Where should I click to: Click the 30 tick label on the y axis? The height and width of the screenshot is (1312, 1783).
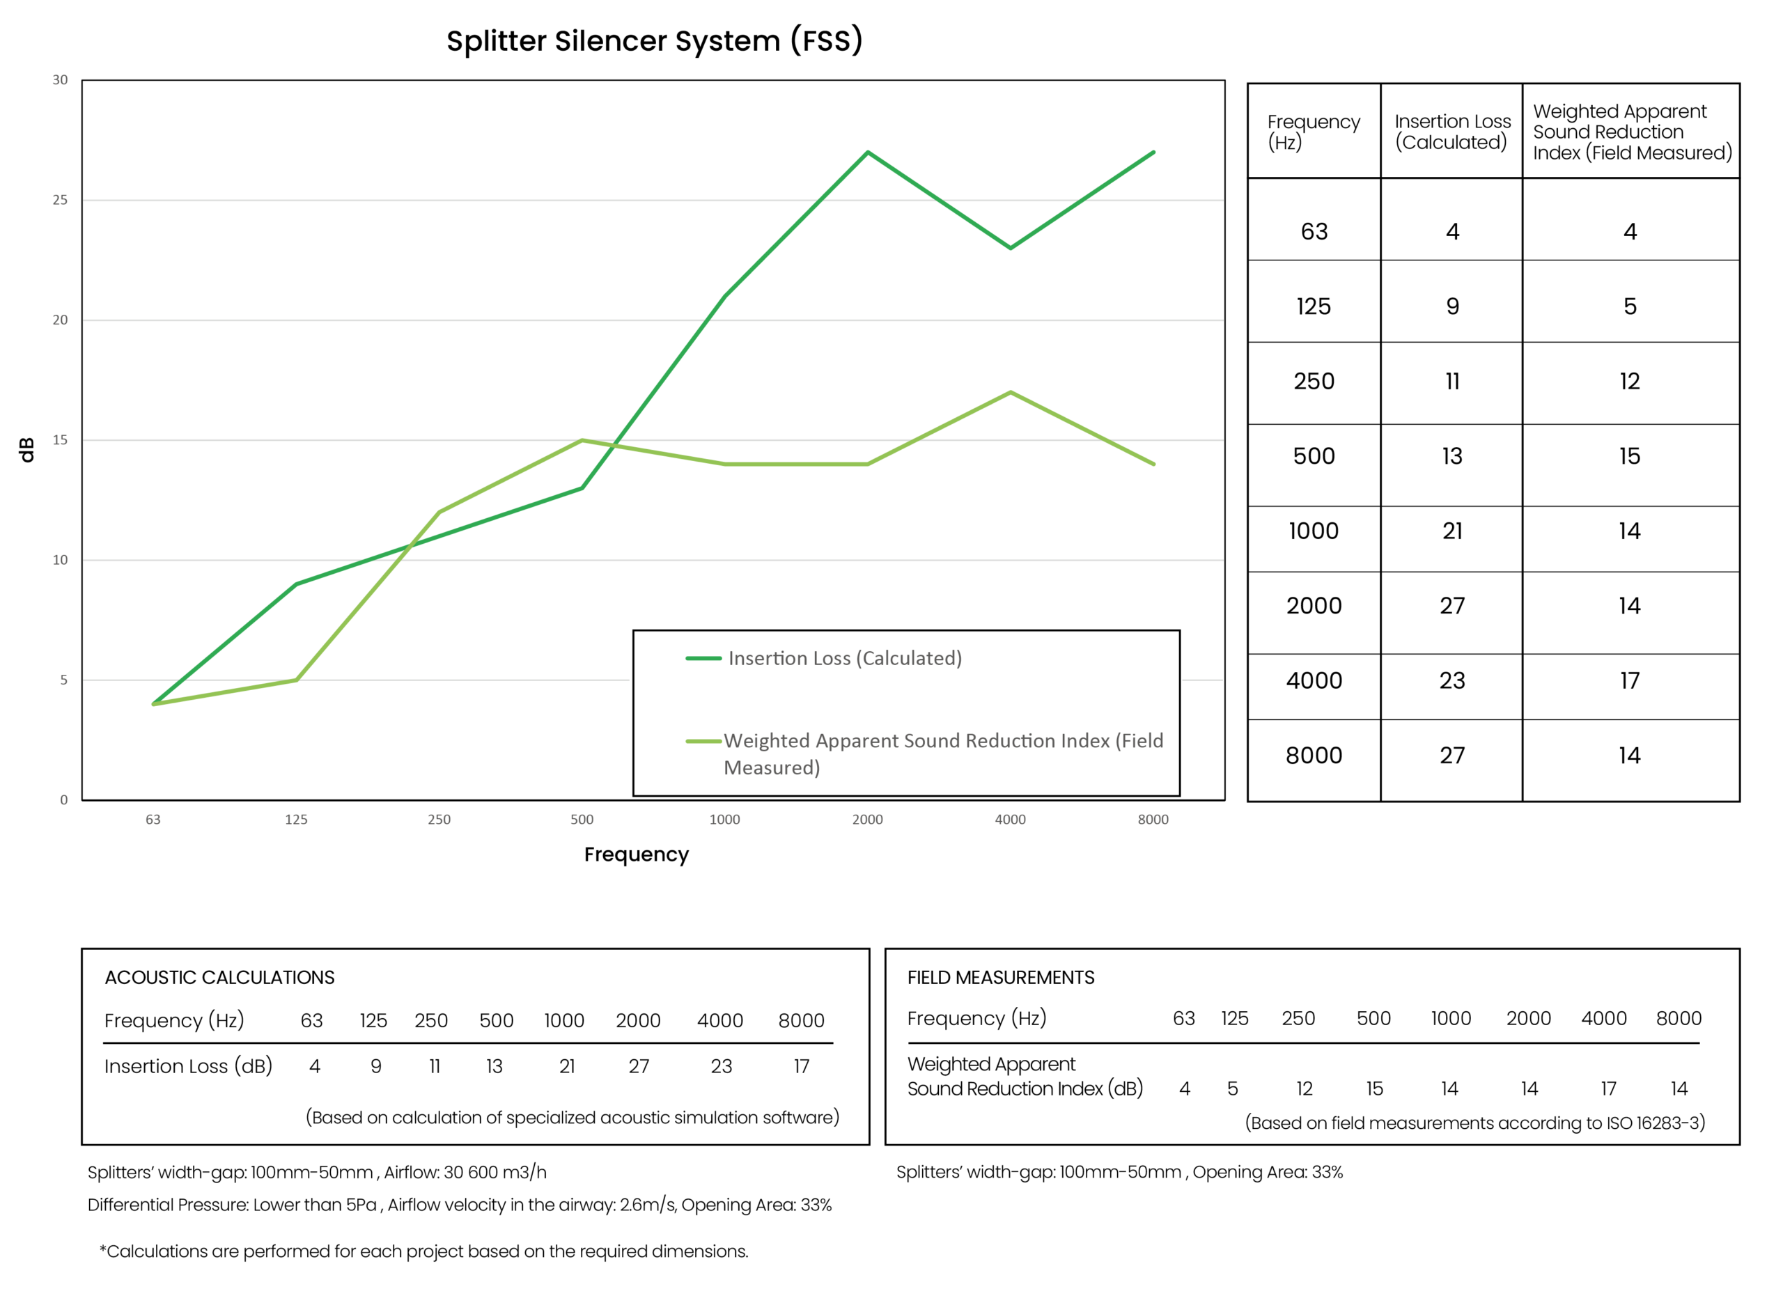pyautogui.click(x=61, y=80)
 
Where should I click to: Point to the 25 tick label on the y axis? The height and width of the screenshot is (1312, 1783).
pyautogui.click(x=61, y=200)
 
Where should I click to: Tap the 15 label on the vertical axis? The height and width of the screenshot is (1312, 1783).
pyautogui.click(x=61, y=440)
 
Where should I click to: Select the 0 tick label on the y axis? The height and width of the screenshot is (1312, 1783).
pyautogui.click(x=63, y=799)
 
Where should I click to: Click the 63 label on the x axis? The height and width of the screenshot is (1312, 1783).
pyautogui.click(x=153, y=820)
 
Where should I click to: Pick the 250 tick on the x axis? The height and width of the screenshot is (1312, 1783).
pyautogui.click(x=439, y=820)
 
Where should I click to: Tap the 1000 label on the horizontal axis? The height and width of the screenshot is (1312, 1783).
pyautogui.click(x=724, y=820)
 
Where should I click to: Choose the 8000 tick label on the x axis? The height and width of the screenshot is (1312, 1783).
pyautogui.click(x=1153, y=820)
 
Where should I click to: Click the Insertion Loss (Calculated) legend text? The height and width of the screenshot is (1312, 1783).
pyautogui.click(x=845, y=658)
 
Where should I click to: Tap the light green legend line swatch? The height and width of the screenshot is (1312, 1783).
pyautogui.click(x=703, y=742)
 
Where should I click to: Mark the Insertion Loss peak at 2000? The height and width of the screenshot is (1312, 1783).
pyautogui.click(x=867, y=152)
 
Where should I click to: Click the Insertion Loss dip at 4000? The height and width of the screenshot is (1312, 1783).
pyautogui.click(x=1010, y=248)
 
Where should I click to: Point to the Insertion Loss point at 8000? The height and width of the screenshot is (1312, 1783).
pyautogui.click(x=1153, y=152)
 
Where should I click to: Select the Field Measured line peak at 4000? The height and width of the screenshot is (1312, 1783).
pyautogui.click(x=1010, y=391)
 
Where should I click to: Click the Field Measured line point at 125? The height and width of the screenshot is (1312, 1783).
pyautogui.click(x=296, y=680)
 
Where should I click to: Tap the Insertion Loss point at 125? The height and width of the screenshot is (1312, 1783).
pyautogui.click(x=296, y=584)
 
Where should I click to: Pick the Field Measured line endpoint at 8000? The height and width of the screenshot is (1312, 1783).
pyautogui.click(x=1153, y=464)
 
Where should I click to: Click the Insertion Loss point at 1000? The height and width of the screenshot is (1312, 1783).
pyautogui.click(x=724, y=296)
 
